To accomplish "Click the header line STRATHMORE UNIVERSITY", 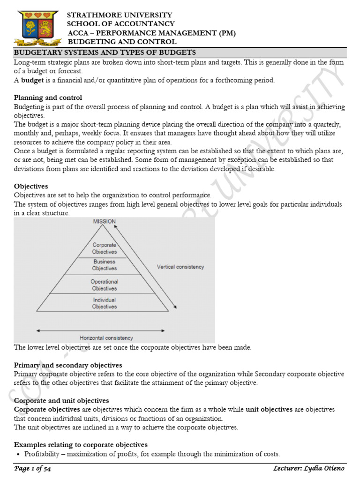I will tap(120, 15).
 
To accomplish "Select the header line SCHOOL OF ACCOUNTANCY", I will tap(121, 24).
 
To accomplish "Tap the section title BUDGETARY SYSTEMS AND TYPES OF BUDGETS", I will tap(105, 52).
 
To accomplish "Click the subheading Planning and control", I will tap(48, 97).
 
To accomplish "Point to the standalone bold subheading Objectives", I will tap(31, 186).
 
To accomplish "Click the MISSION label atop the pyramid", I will tap(104, 221).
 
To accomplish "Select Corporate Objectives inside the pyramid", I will tap(105, 248).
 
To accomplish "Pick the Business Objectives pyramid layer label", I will tap(105, 265).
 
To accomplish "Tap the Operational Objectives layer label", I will tap(105, 285).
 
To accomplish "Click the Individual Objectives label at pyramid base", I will tap(105, 303).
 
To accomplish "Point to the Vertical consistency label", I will tap(180, 267).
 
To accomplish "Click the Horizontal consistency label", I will tap(106, 337).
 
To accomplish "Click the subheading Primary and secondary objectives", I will tap(68, 365).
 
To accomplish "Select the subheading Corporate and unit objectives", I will tap(61, 400).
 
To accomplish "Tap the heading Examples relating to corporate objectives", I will tap(81, 444).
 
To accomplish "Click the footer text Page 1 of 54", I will tap(34, 469).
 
